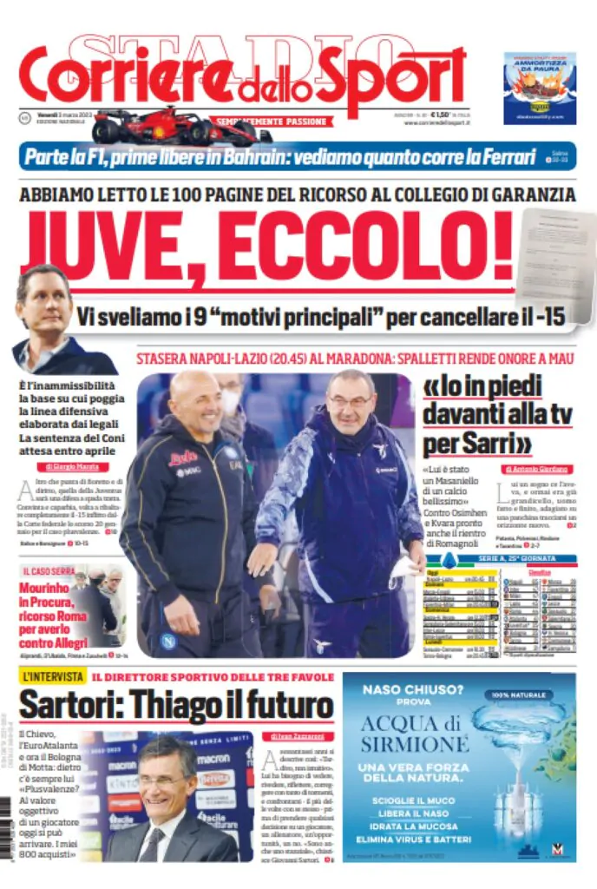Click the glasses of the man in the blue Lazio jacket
click(349, 401)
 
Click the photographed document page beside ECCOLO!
click(554, 252)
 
